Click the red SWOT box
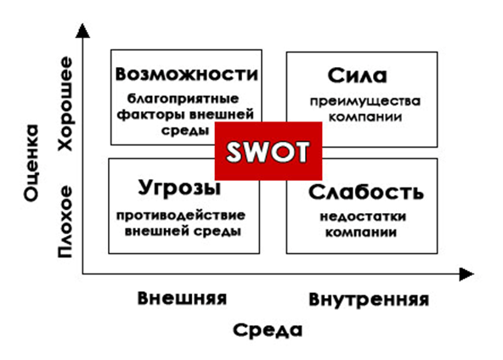(268, 150)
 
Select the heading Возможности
(186, 74)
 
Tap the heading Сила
(357, 76)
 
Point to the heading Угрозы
(179, 188)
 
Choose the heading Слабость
(365, 192)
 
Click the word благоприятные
(183, 98)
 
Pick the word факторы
(150, 115)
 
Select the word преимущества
(365, 102)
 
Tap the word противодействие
(181, 216)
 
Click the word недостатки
(363, 217)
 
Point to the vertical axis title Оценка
(31, 163)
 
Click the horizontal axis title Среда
(268, 330)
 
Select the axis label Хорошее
(65, 104)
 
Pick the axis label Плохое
(65, 222)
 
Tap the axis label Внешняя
(182, 298)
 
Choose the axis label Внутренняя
(369, 300)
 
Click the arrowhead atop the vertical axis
(82, 31)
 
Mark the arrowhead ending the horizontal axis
(466, 274)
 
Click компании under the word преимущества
(365, 117)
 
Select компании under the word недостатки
(361, 232)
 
